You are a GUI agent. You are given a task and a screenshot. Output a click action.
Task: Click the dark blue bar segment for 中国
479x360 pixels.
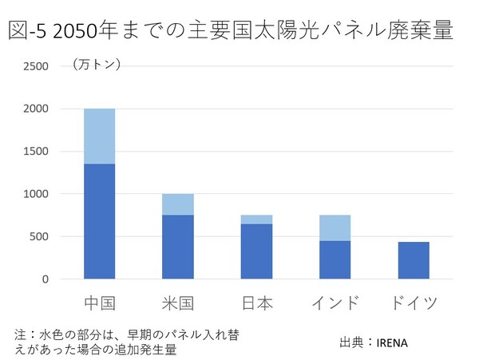pos(99,221)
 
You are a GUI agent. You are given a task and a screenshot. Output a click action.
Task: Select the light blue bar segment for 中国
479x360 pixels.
pos(99,136)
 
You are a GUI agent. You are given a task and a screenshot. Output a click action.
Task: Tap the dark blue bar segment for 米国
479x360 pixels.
pos(177,247)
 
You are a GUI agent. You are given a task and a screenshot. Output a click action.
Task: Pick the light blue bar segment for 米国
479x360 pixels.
pos(177,204)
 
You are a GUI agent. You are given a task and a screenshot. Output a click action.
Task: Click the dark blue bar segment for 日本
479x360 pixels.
pos(256,251)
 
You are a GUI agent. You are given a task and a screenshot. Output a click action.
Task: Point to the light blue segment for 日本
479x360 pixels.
pos(256,220)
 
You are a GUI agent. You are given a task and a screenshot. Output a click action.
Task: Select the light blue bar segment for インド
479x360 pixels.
pos(335,227)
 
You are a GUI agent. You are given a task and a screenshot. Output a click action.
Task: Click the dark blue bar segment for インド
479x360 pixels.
pos(335,259)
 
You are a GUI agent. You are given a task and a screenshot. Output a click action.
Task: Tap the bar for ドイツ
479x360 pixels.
pos(413,260)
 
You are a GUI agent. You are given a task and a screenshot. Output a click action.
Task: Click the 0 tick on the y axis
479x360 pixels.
pos(46,279)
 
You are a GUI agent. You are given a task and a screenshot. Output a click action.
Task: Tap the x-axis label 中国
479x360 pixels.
pos(99,303)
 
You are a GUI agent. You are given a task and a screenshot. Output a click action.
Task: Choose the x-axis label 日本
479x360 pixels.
pos(256,303)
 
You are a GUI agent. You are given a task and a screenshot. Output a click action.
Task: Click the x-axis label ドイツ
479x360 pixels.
pos(413,303)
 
